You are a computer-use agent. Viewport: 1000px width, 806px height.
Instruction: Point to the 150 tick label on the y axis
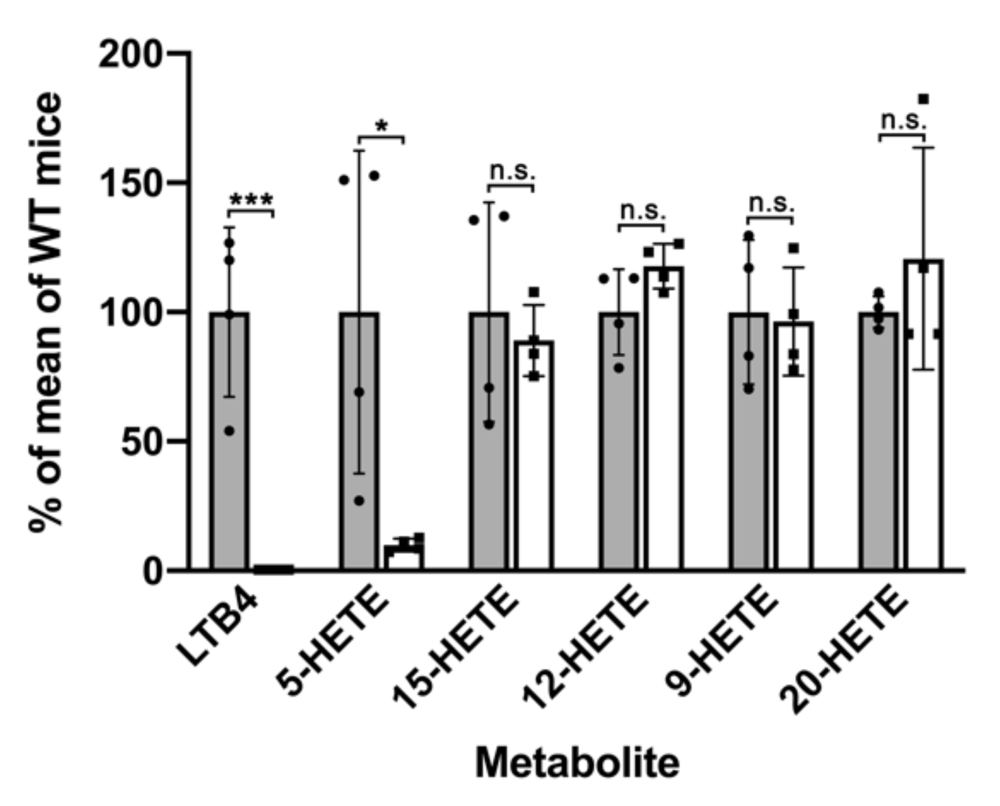[x=129, y=184]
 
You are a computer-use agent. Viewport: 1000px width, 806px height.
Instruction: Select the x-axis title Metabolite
[x=577, y=763]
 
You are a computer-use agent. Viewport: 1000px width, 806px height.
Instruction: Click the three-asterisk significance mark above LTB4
[x=251, y=201]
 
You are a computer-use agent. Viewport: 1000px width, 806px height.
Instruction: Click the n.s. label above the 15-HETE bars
[x=512, y=171]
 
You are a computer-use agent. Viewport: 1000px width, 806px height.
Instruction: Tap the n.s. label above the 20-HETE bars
[x=903, y=121]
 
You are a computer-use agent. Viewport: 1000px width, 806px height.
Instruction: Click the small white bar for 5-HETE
[x=404, y=558]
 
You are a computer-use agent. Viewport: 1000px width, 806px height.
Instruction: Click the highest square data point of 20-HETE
[x=923, y=99]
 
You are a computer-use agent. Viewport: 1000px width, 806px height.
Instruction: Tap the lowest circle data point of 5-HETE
[x=359, y=501]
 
